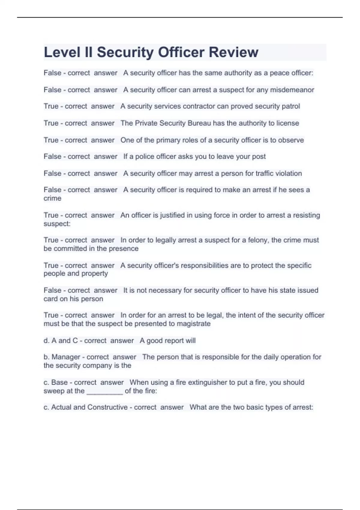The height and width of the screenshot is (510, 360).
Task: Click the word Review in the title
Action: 233,52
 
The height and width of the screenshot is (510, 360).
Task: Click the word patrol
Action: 291,106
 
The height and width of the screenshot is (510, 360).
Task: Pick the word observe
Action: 291,140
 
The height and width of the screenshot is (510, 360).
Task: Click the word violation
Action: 288,173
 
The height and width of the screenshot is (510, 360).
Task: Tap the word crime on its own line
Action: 52,198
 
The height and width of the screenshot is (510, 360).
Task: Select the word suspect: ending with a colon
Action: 57,224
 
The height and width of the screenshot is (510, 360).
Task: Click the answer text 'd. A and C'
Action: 61,341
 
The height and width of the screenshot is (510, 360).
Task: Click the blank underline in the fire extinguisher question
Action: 105,391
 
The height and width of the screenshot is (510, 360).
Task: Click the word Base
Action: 59,382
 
